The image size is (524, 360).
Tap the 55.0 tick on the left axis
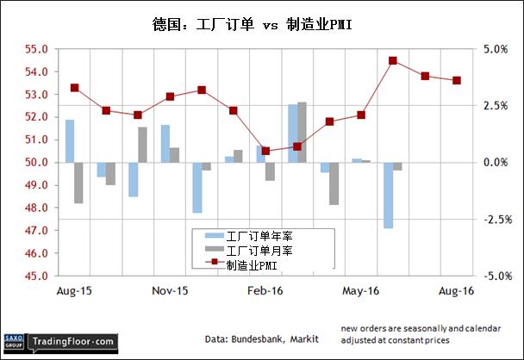click(34, 49)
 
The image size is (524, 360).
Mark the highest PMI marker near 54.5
click(393, 60)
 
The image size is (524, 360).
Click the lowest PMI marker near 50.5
click(265, 151)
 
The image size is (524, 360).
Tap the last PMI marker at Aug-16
click(457, 81)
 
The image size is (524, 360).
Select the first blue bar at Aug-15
click(70, 141)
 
